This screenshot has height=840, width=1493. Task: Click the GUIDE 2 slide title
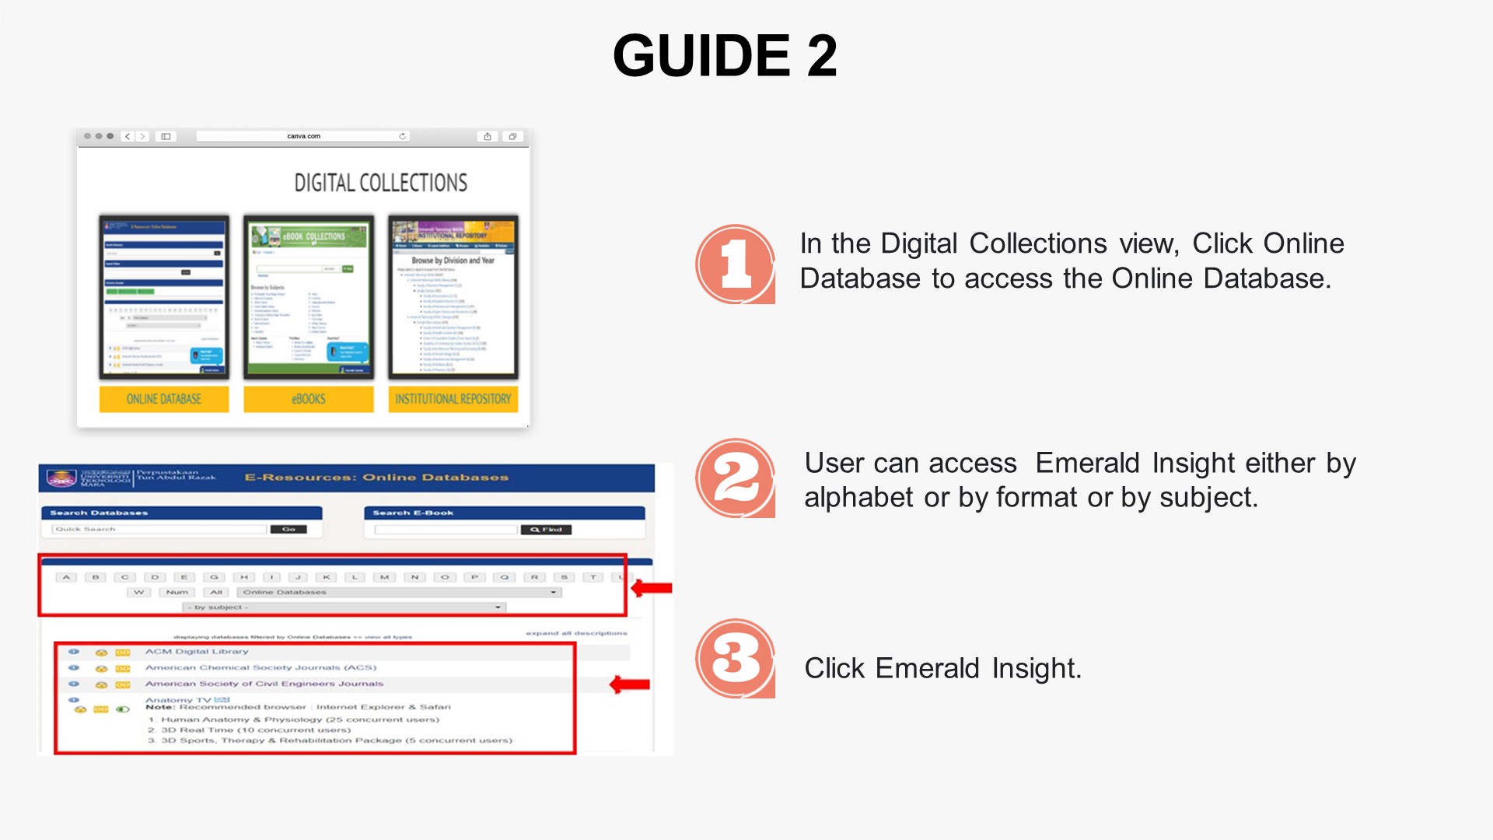pyautogui.click(x=725, y=56)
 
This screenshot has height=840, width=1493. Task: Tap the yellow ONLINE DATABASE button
pyautogui.click(x=164, y=399)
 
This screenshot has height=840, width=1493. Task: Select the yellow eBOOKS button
pyautogui.click(x=309, y=399)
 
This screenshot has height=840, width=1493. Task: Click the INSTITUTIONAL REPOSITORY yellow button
pyautogui.click(x=453, y=399)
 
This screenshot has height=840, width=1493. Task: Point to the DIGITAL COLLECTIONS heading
pyautogui.click(x=380, y=183)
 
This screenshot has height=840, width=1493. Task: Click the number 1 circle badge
pyautogui.click(x=735, y=264)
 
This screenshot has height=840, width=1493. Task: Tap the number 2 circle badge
pyautogui.click(x=735, y=478)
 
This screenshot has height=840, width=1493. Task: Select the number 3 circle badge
pyautogui.click(x=735, y=658)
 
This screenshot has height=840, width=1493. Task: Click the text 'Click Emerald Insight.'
pyautogui.click(x=942, y=668)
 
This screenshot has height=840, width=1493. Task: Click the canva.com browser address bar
pyautogui.click(x=303, y=136)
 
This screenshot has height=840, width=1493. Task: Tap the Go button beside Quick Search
pyautogui.click(x=288, y=529)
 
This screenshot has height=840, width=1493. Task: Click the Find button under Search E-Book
pyautogui.click(x=546, y=530)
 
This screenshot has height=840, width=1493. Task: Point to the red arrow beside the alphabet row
pyautogui.click(x=652, y=588)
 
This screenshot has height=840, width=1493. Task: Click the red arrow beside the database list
pyautogui.click(x=630, y=684)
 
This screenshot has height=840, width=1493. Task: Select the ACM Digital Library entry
pyautogui.click(x=197, y=652)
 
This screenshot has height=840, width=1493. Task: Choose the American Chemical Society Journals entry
pyautogui.click(x=260, y=667)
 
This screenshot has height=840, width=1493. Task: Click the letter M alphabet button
pyautogui.click(x=384, y=577)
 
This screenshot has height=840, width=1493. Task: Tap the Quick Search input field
pyautogui.click(x=159, y=529)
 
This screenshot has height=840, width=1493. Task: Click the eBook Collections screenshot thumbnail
pyautogui.click(x=309, y=297)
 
